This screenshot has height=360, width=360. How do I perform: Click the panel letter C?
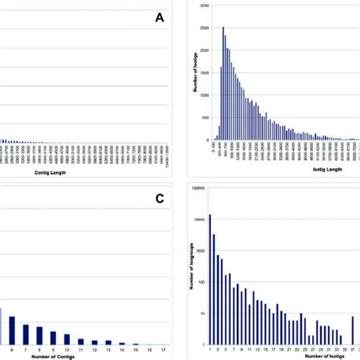pos(158,199)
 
